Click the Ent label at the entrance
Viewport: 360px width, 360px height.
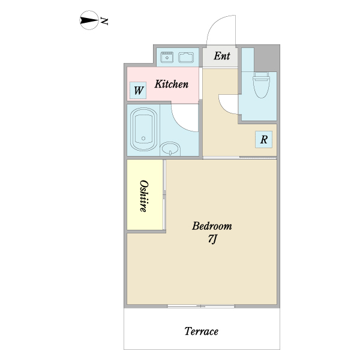point(222,56)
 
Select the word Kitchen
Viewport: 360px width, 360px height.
point(172,85)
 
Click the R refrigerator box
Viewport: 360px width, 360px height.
point(263,140)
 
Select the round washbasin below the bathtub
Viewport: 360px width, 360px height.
point(171,148)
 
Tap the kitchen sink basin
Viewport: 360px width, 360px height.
point(185,58)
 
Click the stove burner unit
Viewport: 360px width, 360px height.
point(166,58)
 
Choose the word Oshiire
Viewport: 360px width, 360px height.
point(144,195)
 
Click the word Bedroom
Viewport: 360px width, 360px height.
point(212,226)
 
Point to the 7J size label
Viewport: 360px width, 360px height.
point(212,239)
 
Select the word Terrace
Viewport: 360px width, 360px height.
point(201,331)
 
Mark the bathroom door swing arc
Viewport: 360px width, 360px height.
point(184,116)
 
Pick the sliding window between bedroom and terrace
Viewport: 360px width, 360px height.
point(201,306)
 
